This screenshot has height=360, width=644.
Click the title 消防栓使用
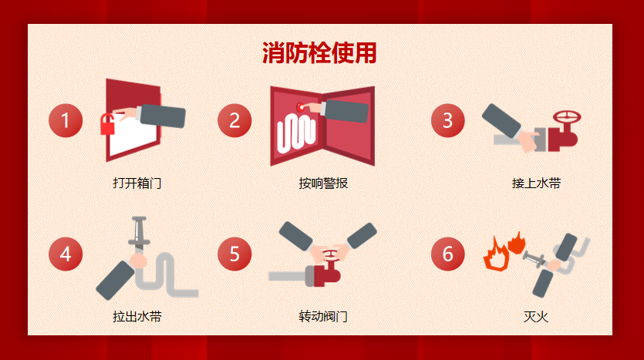pyautogui.click(x=319, y=53)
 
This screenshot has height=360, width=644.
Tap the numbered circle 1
pyautogui.click(x=66, y=121)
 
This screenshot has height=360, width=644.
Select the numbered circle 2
pyautogui.click(x=234, y=121)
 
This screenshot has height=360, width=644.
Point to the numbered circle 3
pyautogui.click(x=447, y=121)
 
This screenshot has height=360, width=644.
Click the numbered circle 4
pyautogui.click(x=66, y=254)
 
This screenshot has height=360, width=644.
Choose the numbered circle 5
pyautogui.click(x=234, y=254)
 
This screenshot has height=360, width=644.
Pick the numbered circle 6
pyautogui.click(x=447, y=254)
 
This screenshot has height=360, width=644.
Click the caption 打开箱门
pyautogui.click(x=137, y=183)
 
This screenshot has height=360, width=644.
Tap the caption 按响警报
pyautogui.click(x=323, y=183)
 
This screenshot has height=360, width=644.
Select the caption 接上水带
pyautogui.click(x=536, y=183)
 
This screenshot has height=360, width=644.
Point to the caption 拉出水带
pyautogui.click(x=137, y=317)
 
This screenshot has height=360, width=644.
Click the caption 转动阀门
pyautogui.click(x=323, y=317)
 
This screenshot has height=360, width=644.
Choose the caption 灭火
pyautogui.click(x=536, y=317)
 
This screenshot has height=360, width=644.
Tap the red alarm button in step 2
pyautogui.click(x=300, y=108)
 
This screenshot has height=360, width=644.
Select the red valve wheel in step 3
pyautogui.click(x=567, y=117)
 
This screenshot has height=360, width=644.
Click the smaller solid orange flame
pyautogui.click(x=517, y=243)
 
